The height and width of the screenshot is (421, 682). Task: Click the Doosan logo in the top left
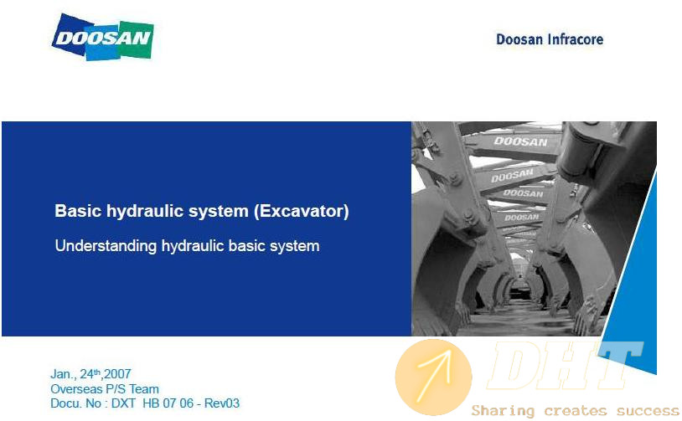point(103,38)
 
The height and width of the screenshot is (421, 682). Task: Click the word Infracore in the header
point(576,39)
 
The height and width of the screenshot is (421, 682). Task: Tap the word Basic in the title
point(78,211)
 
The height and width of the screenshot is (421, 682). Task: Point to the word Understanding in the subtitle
point(106,246)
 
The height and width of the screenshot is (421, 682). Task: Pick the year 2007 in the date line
point(117,373)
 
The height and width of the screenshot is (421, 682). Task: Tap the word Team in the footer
point(144,389)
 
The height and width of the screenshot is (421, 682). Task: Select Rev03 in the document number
point(222,403)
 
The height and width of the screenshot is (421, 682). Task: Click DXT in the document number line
point(123,403)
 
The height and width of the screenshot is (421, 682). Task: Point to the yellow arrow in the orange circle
point(434,377)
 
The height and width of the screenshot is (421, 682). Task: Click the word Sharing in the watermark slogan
point(503,411)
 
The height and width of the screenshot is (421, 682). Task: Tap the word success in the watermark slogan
point(648,411)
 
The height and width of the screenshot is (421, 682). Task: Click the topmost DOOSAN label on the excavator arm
point(520,141)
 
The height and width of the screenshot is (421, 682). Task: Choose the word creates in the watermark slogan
point(576,411)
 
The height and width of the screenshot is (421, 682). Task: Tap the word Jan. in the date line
point(62,374)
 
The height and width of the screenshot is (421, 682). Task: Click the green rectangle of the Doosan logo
point(136,39)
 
